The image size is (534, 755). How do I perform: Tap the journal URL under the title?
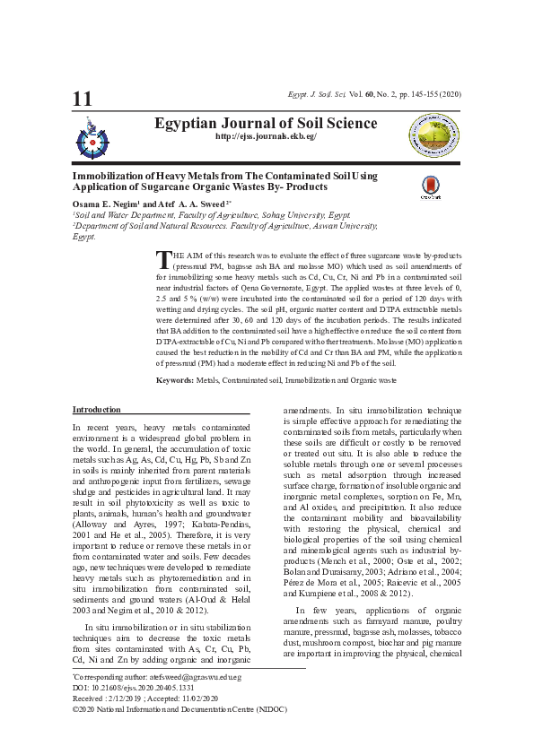coord(266,136)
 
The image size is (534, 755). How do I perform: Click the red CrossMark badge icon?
coord(432,187)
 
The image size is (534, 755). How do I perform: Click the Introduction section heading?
coord(96,410)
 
